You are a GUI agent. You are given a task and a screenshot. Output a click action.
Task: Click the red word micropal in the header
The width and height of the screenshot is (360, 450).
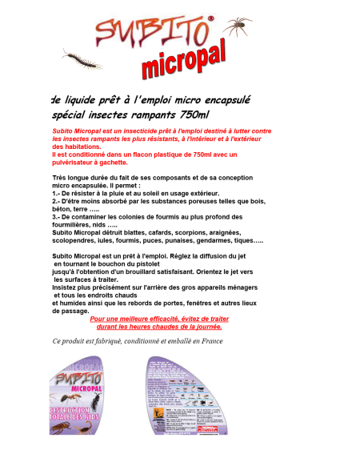coord(184,59)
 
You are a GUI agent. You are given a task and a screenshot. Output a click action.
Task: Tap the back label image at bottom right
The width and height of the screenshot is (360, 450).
coord(182,396)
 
